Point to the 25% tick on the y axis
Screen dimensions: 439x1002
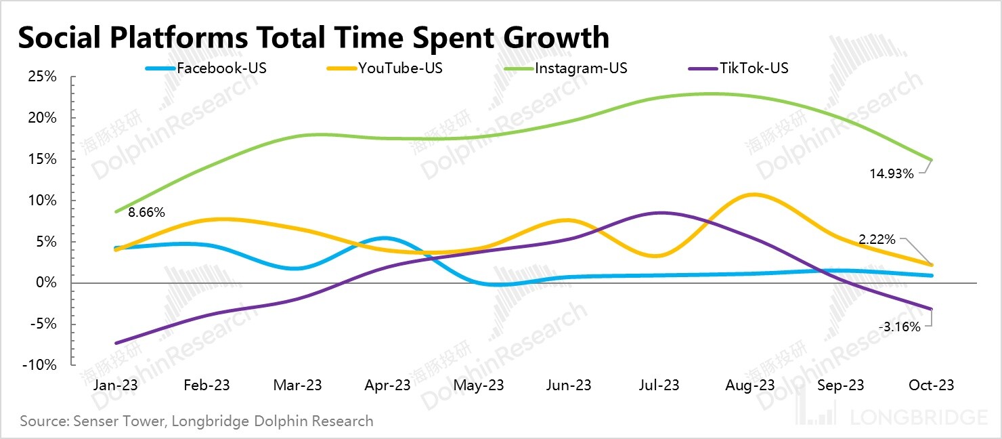click(42, 77)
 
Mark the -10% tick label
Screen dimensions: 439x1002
click(40, 364)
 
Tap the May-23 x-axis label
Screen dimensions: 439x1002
click(478, 385)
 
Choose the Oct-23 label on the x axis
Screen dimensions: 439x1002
click(932, 385)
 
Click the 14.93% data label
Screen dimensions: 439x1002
click(892, 174)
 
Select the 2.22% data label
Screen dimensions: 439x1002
click(877, 240)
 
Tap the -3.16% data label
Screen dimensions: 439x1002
click(900, 327)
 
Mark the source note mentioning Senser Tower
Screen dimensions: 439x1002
click(196, 421)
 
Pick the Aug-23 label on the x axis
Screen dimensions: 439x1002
click(751, 385)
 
